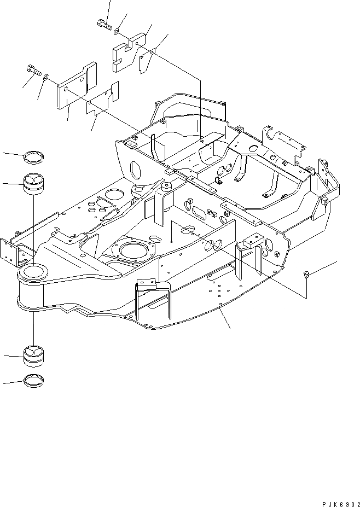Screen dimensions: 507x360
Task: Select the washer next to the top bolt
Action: click(118, 32)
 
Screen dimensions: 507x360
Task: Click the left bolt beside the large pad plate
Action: click(33, 70)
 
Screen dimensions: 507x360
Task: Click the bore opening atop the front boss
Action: click(35, 270)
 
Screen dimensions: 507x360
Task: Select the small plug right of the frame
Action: click(307, 275)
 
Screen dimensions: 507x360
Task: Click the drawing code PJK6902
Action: click(334, 499)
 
